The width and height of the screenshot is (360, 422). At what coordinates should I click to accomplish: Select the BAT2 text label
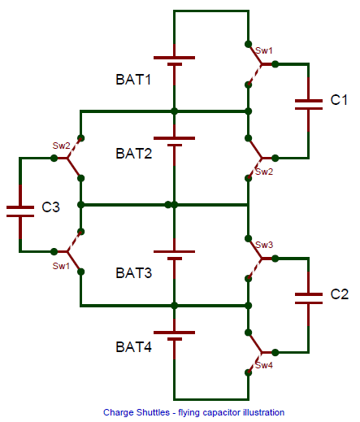[x=133, y=153]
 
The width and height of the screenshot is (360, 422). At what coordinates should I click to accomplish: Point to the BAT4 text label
[x=133, y=347]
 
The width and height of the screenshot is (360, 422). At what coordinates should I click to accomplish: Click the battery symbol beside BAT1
[x=173, y=62]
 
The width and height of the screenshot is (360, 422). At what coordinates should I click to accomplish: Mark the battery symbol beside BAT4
[x=173, y=335]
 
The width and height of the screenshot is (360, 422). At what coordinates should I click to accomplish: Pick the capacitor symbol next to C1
[x=308, y=102]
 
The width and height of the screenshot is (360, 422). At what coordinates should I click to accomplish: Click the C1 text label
[x=339, y=100]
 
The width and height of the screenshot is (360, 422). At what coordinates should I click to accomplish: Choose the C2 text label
[x=339, y=294]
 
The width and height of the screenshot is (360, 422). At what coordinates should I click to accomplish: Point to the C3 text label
[x=50, y=207]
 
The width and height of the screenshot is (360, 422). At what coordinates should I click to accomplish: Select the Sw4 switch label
[x=264, y=366]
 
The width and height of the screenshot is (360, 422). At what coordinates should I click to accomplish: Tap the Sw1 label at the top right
[x=264, y=50]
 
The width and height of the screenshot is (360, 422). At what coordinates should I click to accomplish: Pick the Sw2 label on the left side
[x=62, y=146]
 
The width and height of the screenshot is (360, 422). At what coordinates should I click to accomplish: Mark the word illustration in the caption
[x=262, y=412]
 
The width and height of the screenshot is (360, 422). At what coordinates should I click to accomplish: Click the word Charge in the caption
[x=117, y=412]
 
